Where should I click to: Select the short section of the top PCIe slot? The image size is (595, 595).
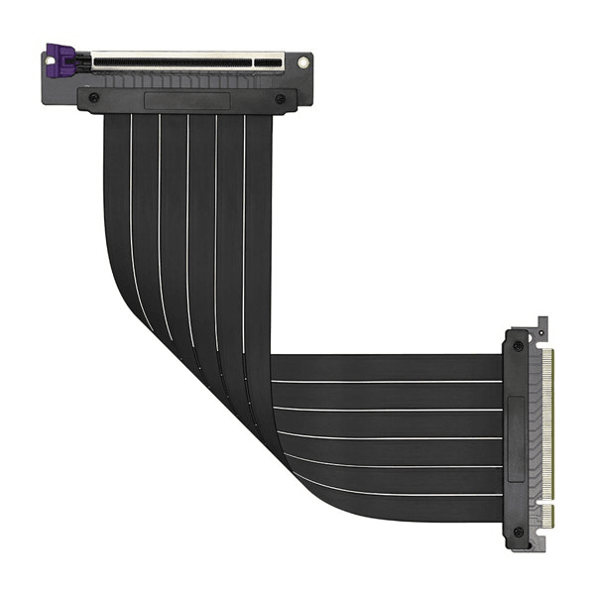[x=267, y=62]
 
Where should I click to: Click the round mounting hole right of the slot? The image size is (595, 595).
[x=302, y=62]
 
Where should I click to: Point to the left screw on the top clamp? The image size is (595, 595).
[x=93, y=99]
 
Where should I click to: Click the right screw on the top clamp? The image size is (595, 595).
[x=281, y=99]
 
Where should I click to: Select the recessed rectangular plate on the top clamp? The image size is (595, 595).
[x=186, y=100]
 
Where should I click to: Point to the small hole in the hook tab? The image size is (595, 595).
[x=541, y=323]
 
